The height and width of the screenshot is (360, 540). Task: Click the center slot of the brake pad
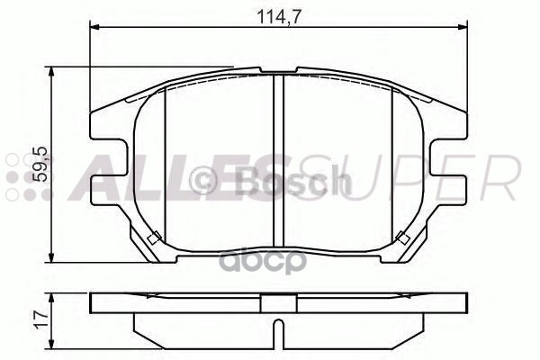278,162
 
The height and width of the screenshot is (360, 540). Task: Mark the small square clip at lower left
153,238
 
